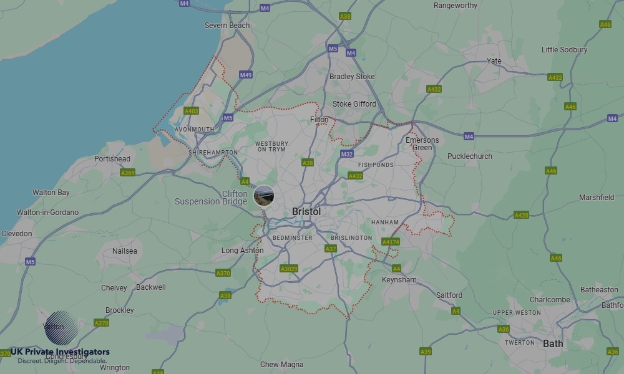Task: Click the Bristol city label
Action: click(x=306, y=212)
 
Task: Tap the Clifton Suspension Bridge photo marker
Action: click(x=264, y=195)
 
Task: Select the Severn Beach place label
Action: click(x=227, y=26)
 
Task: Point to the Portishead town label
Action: click(x=112, y=159)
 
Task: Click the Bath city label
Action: click(x=553, y=343)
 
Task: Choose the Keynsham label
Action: click(x=399, y=280)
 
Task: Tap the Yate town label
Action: click(x=494, y=61)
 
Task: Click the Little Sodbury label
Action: click(x=564, y=50)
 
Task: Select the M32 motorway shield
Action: click(x=347, y=154)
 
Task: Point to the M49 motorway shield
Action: click(x=246, y=75)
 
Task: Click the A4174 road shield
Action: click(x=390, y=242)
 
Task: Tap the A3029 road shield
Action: click(x=289, y=269)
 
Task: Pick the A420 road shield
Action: click(x=521, y=215)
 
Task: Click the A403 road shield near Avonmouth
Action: click(x=191, y=111)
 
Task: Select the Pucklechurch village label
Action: click(x=469, y=156)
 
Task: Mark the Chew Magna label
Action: click(x=281, y=365)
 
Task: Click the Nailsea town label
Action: click(x=124, y=251)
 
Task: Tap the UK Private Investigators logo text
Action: click(x=60, y=352)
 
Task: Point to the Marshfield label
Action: click(x=597, y=198)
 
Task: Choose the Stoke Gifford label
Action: click(x=354, y=104)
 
